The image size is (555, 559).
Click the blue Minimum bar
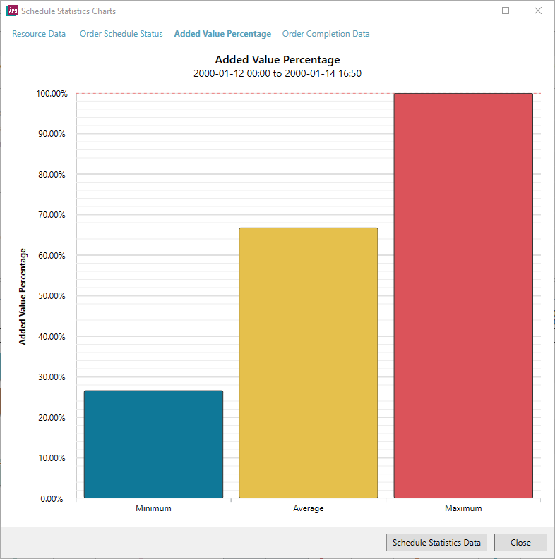tap(153, 444)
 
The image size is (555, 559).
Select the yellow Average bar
tap(309, 363)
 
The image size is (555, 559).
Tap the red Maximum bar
tap(463, 295)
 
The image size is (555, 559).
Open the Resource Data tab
tap(39, 34)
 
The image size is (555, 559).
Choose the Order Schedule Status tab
tap(121, 34)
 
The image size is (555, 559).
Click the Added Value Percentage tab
tap(222, 34)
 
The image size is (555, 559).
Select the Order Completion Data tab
tap(326, 34)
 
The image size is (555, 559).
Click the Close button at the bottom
tap(520, 543)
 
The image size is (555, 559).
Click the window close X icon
tap(538, 11)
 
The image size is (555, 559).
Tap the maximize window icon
tap(506, 11)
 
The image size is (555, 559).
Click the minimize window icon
tap(474, 11)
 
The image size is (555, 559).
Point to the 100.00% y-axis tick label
tap(52, 94)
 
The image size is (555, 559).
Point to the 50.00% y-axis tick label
tap(52, 296)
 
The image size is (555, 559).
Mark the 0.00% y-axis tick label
tap(52, 499)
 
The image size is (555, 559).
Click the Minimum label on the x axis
tap(153, 508)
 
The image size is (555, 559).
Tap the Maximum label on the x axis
tap(463, 508)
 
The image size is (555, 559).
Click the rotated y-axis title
tap(23, 297)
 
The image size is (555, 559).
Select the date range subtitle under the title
tap(277, 73)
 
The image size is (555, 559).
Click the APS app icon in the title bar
tap(12, 11)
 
